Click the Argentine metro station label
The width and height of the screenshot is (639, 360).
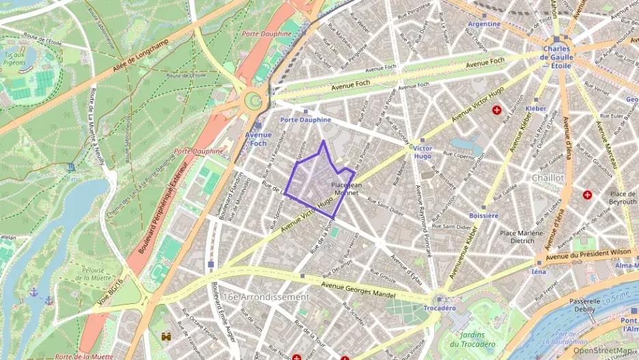485,24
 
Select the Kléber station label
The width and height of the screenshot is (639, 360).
536,109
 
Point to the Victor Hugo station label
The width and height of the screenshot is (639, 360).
423,152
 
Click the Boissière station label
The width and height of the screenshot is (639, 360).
484,215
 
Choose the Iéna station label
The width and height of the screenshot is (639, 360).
539,271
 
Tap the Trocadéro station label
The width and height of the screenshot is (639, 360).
440,308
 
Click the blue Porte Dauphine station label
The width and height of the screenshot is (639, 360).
305,120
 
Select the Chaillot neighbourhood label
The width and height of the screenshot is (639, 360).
548,178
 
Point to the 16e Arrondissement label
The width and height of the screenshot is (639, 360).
266,297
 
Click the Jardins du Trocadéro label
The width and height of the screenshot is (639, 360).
472,340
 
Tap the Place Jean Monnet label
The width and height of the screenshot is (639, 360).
344,189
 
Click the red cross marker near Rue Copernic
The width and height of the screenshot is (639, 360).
496,109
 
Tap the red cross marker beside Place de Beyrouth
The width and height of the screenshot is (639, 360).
587,195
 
